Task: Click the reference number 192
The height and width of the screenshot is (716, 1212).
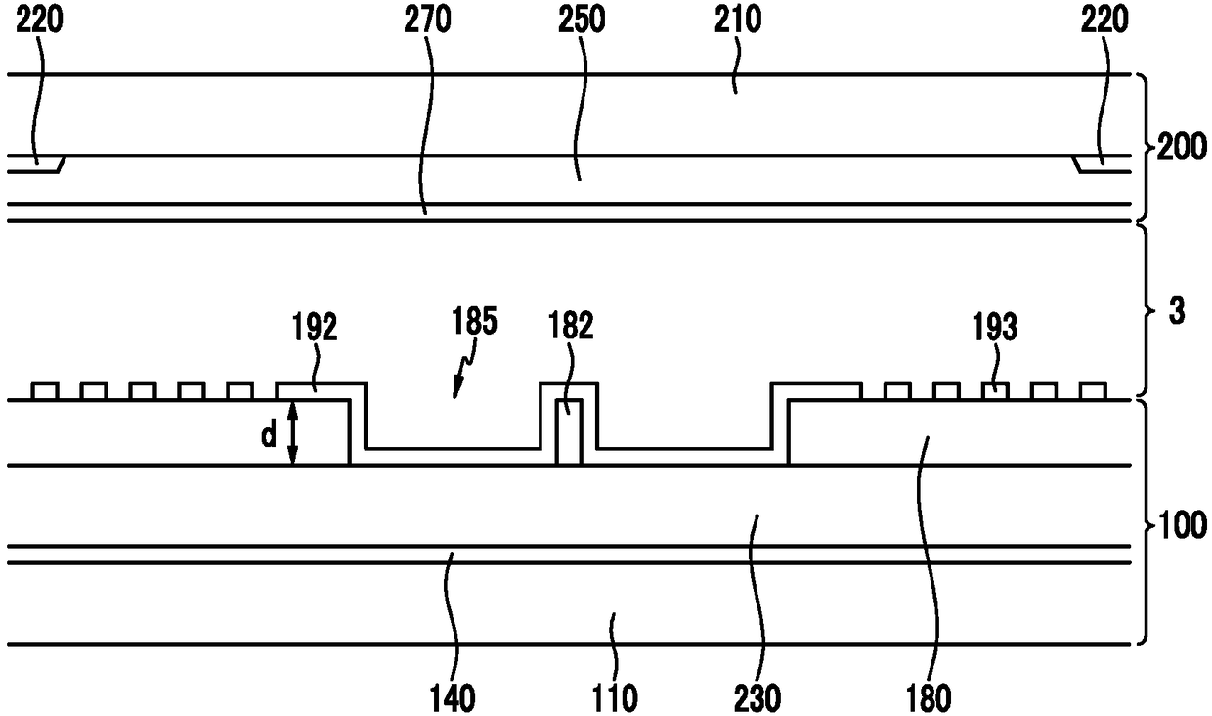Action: pos(313,328)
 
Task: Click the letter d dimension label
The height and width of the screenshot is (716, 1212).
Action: pos(269,436)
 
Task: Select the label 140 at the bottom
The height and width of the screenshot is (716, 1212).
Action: pos(452,697)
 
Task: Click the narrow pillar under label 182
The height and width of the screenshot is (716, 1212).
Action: pos(569,431)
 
